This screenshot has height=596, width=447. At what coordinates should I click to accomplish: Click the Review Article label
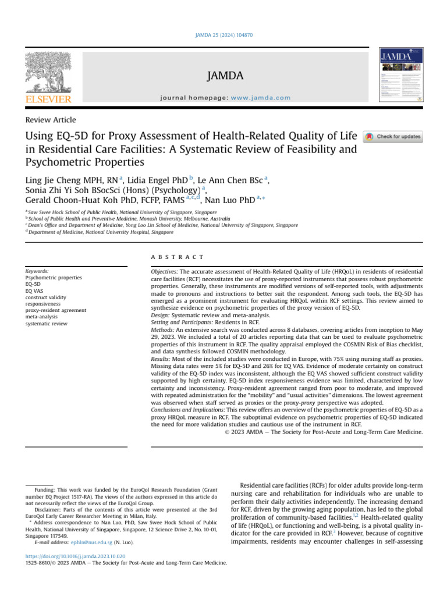click(51, 120)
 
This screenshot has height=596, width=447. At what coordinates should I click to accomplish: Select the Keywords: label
click(37, 271)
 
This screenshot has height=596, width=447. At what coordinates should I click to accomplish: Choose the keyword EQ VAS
click(36, 291)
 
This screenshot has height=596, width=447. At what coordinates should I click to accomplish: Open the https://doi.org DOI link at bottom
click(76, 556)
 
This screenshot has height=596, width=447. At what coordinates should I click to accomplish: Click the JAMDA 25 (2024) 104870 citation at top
click(223, 36)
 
